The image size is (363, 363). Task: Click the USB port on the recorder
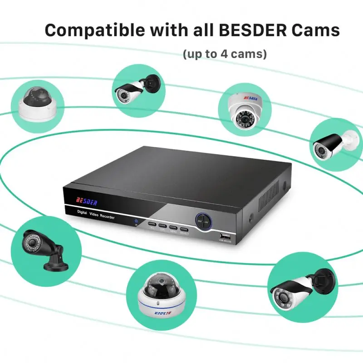[225, 236]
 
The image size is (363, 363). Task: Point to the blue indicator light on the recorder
[135, 221]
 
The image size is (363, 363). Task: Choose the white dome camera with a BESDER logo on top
[245, 109]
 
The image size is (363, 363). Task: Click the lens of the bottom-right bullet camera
[282, 295]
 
